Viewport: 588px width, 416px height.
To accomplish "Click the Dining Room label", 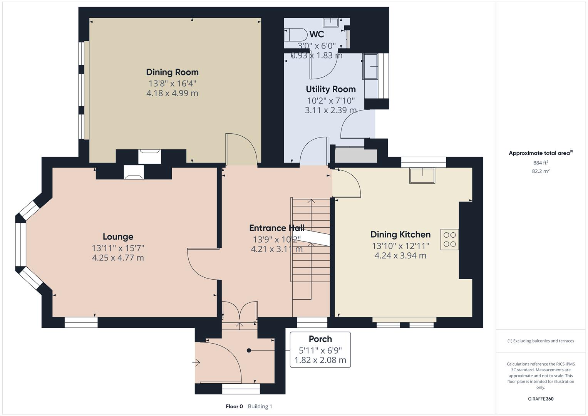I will pyautogui.click(x=172, y=72).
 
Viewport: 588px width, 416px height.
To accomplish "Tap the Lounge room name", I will pyautogui.click(x=118, y=237).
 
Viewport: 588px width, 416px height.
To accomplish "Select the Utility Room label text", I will pyautogui.click(x=330, y=89).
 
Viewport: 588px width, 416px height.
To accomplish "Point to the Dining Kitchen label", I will pyautogui.click(x=400, y=234).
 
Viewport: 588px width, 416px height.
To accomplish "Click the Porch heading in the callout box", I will pyautogui.click(x=320, y=339).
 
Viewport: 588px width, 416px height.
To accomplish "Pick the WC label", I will pyautogui.click(x=316, y=34).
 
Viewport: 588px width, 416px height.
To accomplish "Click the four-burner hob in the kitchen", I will pyautogui.click(x=449, y=239).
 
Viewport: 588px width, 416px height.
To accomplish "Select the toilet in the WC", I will pyautogui.click(x=294, y=35).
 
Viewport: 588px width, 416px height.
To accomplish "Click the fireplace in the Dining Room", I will pyautogui.click(x=149, y=156).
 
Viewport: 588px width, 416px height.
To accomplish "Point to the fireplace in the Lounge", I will pyautogui.click(x=134, y=173).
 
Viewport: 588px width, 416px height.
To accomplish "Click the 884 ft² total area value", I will pyautogui.click(x=540, y=163).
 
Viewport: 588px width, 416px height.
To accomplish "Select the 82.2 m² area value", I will pyautogui.click(x=540, y=171).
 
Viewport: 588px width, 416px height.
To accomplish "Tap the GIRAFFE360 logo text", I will pyautogui.click(x=540, y=399).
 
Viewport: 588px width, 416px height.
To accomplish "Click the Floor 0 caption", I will pyautogui.click(x=234, y=406).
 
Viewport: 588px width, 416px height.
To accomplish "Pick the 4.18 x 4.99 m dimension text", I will pyautogui.click(x=172, y=93).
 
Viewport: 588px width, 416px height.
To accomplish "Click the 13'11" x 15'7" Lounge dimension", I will pyautogui.click(x=118, y=248).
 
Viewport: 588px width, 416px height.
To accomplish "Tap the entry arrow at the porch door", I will pyautogui.click(x=196, y=362).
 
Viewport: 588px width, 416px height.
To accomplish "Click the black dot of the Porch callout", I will pyautogui.click(x=249, y=351).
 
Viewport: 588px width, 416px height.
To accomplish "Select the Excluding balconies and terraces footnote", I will pyautogui.click(x=540, y=341).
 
